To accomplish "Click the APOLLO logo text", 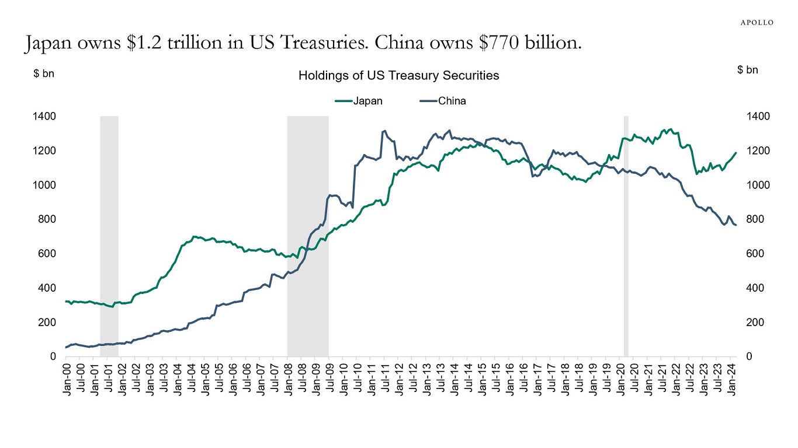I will pyautogui.click(x=757, y=22).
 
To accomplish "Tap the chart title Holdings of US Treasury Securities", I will pyautogui.click(x=398, y=75).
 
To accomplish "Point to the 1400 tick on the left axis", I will pyautogui.click(x=45, y=117).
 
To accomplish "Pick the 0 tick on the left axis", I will pyautogui.click(x=53, y=356).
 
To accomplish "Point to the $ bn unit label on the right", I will pyautogui.click(x=748, y=70).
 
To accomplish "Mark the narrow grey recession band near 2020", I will pyautogui.click(x=626, y=236).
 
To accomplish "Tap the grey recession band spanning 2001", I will pyautogui.click(x=109, y=236).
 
